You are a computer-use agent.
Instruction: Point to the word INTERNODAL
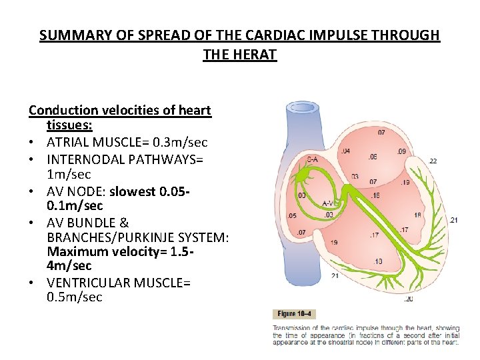[89, 159]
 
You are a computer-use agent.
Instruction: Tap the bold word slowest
[133, 191]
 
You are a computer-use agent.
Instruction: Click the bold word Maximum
[73, 251]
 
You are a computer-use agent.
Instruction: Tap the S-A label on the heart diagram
[312, 159]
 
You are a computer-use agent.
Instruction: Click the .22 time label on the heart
[433, 161]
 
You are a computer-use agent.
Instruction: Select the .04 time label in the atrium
[345, 151]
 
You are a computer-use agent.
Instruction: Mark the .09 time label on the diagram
[401, 151]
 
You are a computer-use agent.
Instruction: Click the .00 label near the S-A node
[301, 195]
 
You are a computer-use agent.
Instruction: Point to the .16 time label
[375, 195]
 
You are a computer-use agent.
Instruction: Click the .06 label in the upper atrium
[372, 157]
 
